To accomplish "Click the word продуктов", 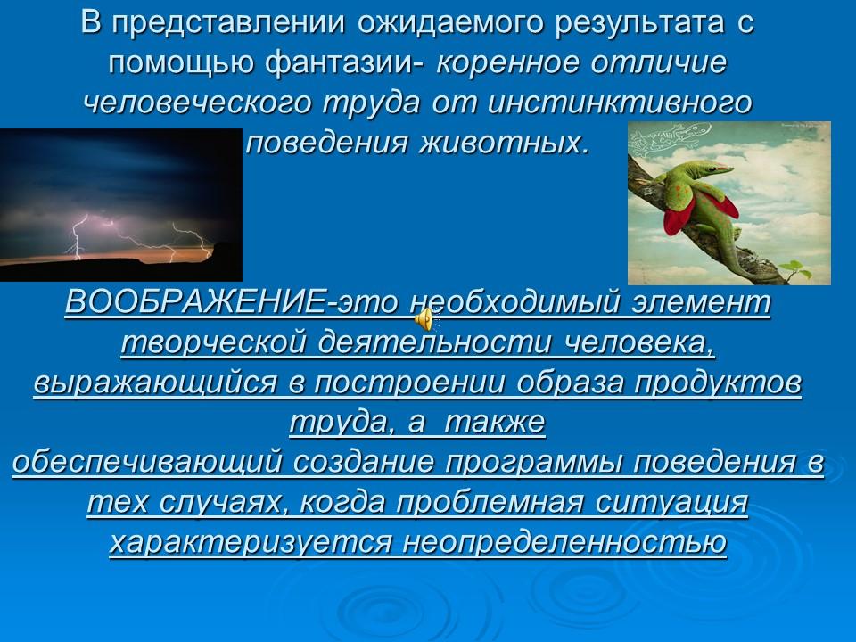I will click(720, 383).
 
